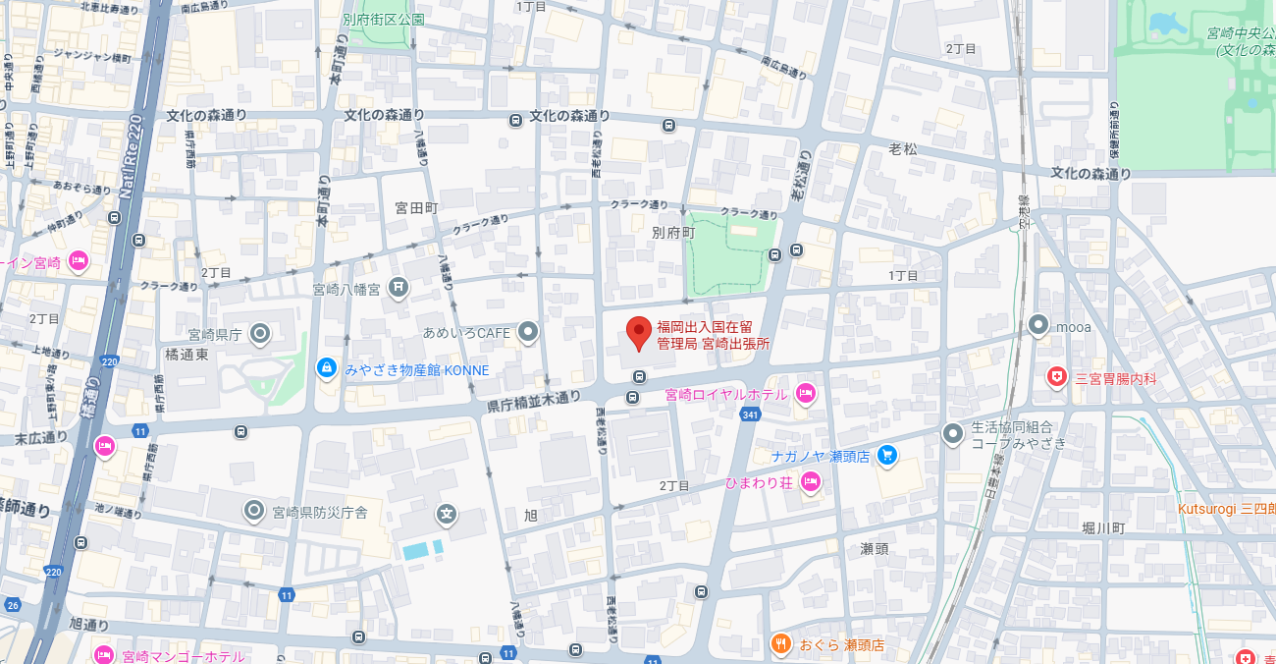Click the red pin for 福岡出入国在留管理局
(x=639, y=333)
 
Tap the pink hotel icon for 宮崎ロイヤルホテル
(x=805, y=394)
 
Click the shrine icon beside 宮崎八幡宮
(x=398, y=288)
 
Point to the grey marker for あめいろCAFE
(x=528, y=332)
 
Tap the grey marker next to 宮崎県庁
(x=260, y=334)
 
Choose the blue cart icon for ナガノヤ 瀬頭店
(x=887, y=455)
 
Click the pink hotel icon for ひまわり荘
(x=811, y=481)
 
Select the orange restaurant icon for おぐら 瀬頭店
(x=780, y=644)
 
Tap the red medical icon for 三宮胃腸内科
(x=1057, y=376)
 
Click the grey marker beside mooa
(x=1038, y=324)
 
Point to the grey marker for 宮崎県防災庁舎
(x=254, y=510)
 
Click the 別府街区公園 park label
(x=384, y=19)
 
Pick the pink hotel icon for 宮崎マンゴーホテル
(x=104, y=654)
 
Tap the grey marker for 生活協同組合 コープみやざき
(x=952, y=433)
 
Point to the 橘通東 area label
(x=186, y=354)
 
